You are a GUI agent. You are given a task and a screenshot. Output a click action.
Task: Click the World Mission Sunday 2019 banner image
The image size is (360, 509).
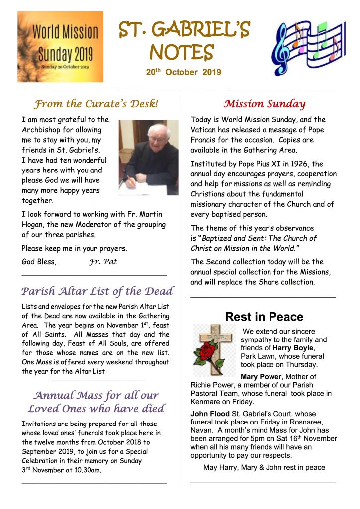click(x=60, y=46)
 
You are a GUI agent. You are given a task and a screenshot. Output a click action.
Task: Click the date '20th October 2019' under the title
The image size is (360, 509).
click(x=183, y=72)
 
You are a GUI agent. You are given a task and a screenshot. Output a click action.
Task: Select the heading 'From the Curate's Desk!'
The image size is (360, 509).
click(x=96, y=104)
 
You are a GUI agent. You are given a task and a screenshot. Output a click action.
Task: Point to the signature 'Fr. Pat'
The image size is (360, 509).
click(x=103, y=262)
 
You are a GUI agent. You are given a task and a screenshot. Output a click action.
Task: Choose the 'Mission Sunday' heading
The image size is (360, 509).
click(x=264, y=104)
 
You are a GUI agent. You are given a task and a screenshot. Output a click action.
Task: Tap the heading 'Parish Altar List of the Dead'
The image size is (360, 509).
click(x=97, y=291)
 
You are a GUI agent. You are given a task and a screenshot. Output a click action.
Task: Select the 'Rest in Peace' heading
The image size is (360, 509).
click(x=264, y=317)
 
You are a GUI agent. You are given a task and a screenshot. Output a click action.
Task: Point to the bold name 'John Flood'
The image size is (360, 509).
click(x=210, y=414)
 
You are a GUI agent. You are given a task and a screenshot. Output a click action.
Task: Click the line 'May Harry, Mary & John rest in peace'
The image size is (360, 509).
click(x=264, y=468)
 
